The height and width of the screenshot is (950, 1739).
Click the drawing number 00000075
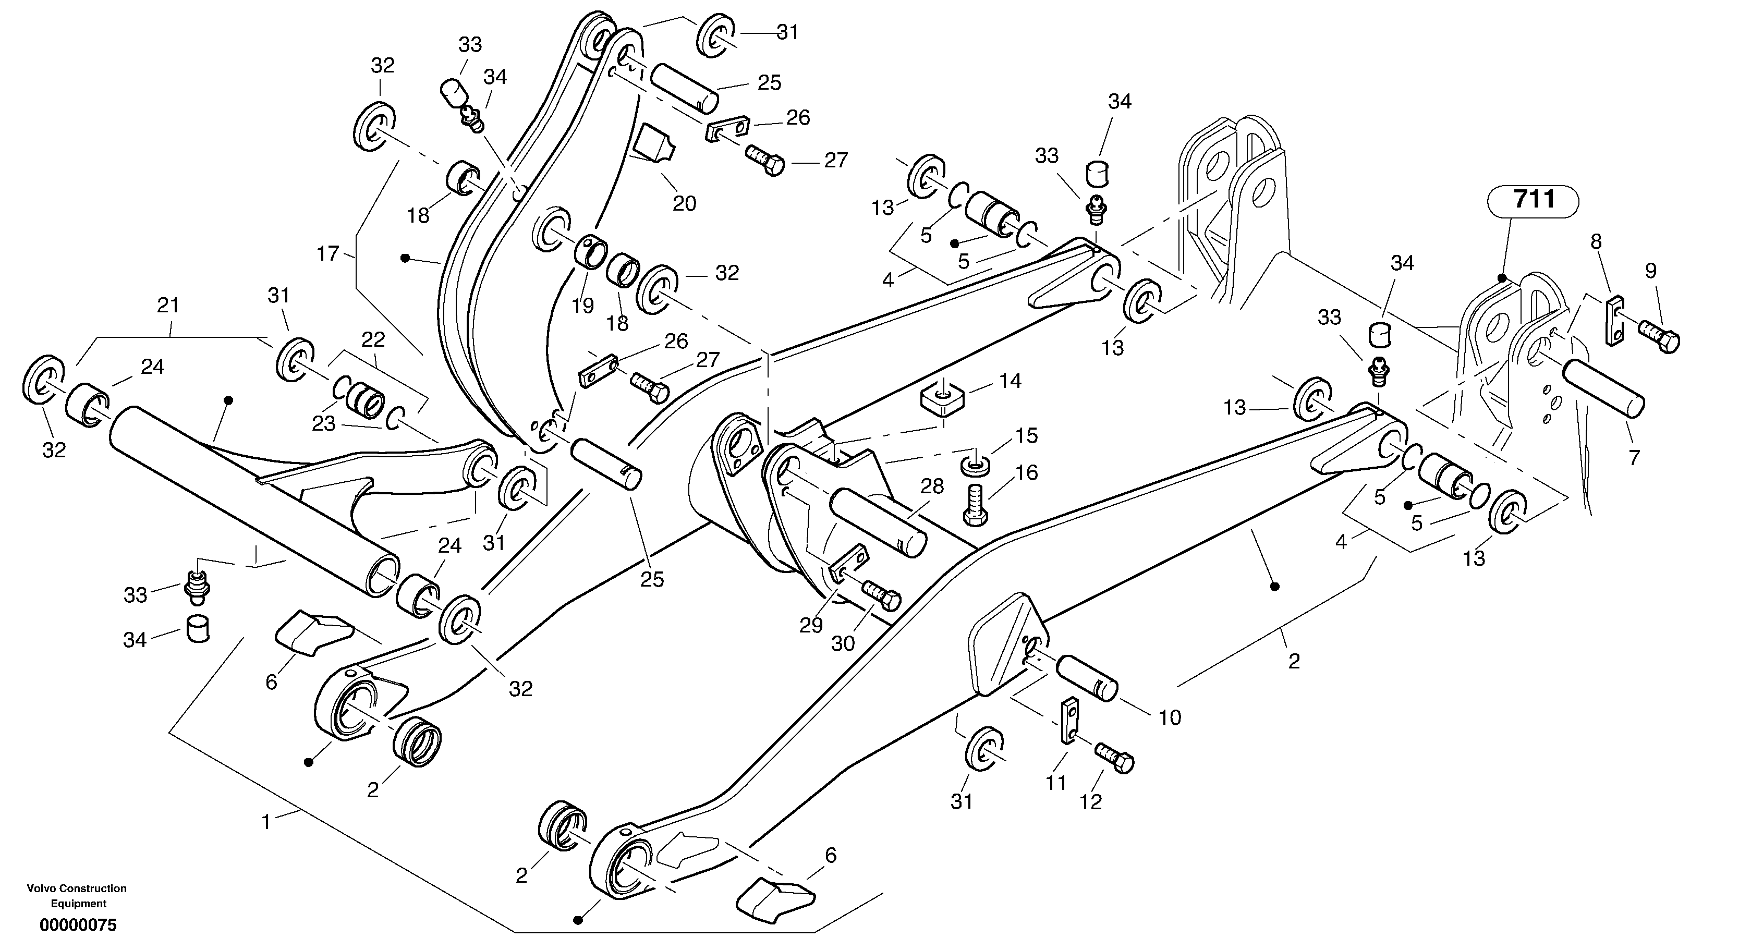tap(78, 925)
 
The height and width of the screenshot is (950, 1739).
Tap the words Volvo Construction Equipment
tap(77, 896)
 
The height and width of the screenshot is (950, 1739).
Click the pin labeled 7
tap(1604, 389)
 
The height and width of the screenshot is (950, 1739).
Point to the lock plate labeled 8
tap(1614, 321)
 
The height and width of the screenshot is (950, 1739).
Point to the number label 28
tap(932, 487)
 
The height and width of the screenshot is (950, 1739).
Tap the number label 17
tap(327, 254)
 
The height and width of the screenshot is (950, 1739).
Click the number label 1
tap(266, 822)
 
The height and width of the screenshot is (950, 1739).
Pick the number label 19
tap(582, 306)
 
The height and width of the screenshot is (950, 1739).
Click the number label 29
tap(811, 626)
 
